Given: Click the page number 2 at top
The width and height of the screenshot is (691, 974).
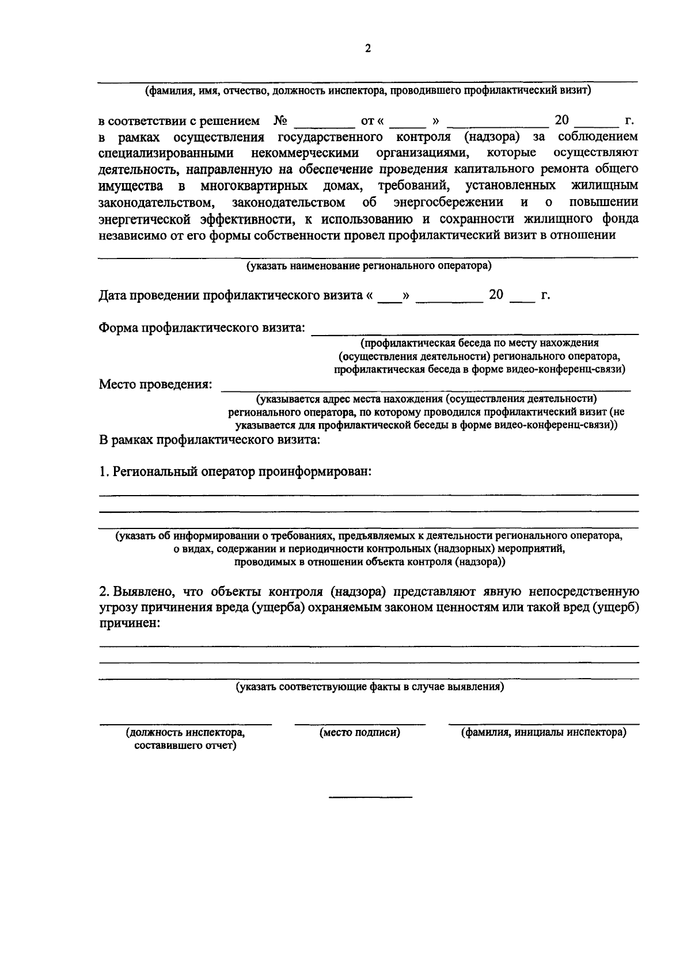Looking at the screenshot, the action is point(368,49).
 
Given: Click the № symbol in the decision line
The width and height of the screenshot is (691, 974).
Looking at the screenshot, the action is point(281,121).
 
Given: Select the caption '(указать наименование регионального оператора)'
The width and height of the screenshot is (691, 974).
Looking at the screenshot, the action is point(369,266).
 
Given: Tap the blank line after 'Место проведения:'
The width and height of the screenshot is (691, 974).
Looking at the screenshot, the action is point(426,390).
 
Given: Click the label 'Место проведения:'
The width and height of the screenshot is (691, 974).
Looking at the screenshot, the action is point(155,384).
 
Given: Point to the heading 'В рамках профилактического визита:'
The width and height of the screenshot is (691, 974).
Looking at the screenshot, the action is point(210,440).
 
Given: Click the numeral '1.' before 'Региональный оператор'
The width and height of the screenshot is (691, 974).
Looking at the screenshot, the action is point(104,472).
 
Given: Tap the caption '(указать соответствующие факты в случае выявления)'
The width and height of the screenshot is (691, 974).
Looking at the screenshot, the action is point(369,687).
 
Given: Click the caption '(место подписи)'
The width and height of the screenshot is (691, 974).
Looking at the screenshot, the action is point(360,733).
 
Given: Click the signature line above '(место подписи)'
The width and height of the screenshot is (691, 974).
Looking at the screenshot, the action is point(360,724).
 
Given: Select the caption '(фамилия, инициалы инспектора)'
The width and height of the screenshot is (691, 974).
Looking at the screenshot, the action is point(544,733).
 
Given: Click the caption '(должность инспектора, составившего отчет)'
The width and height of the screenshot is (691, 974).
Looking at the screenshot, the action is point(185,739).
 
